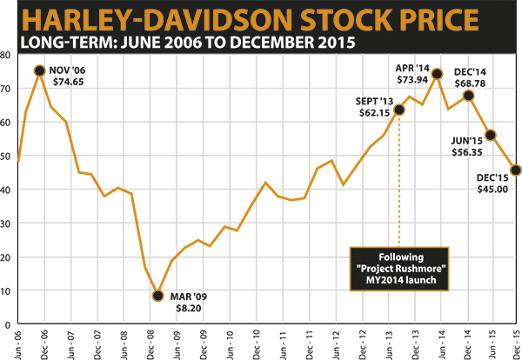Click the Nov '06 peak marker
point(39,70)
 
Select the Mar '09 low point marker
point(157,296)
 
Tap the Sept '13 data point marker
point(399,110)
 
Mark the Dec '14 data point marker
point(469,96)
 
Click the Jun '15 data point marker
point(491,135)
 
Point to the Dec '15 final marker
point(516,170)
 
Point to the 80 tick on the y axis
point(5,55)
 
